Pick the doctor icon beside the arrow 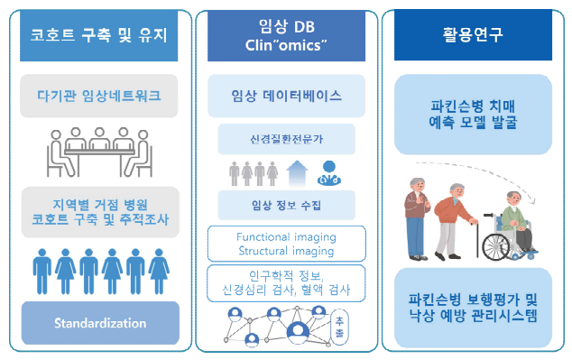point(330,171)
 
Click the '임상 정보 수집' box point(285,205)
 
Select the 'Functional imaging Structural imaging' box point(285,243)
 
